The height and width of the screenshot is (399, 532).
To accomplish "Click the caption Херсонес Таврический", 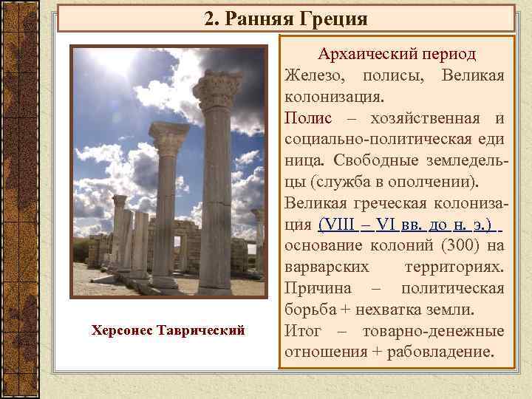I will [x=168, y=329].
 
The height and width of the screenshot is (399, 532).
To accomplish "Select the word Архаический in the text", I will [x=362, y=55].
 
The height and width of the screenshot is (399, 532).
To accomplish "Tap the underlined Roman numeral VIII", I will [x=337, y=224].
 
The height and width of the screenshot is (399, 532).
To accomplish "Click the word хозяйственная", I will [x=418, y=118].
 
